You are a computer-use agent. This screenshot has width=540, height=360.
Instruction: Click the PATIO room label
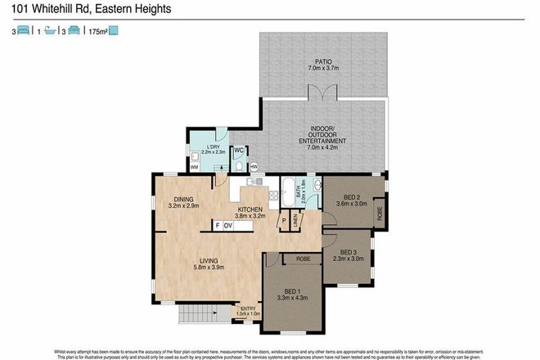click(323, 61)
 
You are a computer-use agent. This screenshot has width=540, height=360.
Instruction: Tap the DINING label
click(183, 199)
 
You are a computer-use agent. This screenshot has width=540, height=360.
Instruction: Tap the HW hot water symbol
click(254, 168)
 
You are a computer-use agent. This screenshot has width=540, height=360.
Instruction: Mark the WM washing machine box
click(195, 167)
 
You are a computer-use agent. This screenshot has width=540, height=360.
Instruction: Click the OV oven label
click(228, 225)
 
